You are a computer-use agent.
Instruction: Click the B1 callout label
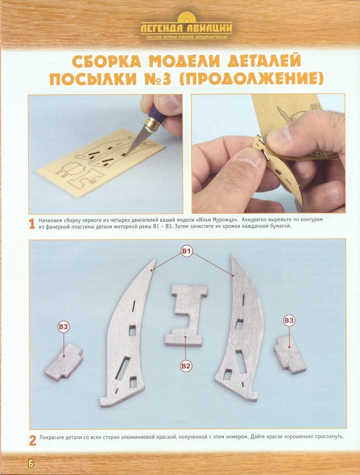(187, 250)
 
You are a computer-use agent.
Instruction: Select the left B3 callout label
(64, 326)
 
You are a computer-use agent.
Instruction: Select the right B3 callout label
(289, 320)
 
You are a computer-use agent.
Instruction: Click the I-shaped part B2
(186, 315)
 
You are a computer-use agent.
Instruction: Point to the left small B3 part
(63, 363)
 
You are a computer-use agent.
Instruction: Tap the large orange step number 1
(33, 224)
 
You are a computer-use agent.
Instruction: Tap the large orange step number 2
(33, 440)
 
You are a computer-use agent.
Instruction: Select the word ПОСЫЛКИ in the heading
(93, 79)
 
